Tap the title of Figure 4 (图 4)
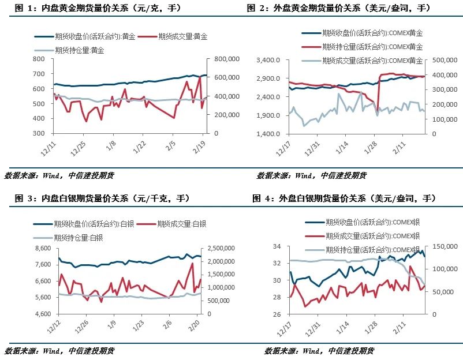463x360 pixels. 344,198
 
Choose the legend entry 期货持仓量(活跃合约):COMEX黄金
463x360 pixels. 373,47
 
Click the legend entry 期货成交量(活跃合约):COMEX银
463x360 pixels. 372,235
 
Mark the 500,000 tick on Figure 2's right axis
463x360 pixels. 444,60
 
